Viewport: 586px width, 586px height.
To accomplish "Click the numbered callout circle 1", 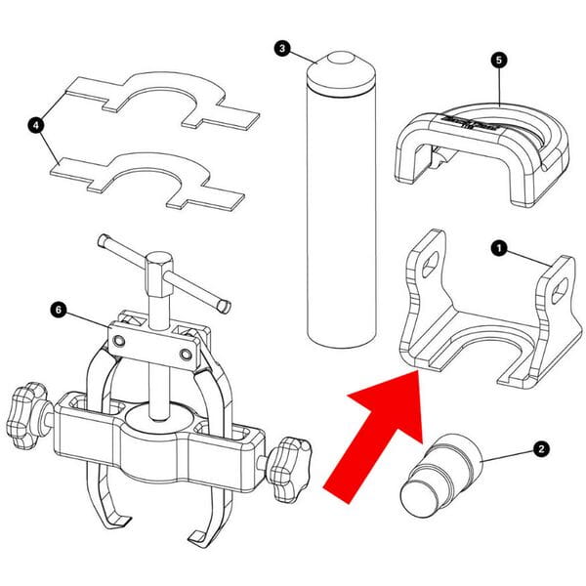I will tap(498, 250).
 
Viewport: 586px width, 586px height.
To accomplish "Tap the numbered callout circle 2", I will tap(540, 450).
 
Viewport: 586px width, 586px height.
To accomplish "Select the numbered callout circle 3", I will tap(282, 49).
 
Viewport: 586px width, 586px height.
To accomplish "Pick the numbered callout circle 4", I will tap(37, 125).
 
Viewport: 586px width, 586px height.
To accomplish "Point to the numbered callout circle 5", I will tap(499, 60).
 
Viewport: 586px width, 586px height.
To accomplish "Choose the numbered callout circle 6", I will tap(59, 310).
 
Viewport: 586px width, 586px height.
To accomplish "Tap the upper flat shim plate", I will tap(156, 100).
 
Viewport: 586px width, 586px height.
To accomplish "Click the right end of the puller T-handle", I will tap(224, 305).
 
